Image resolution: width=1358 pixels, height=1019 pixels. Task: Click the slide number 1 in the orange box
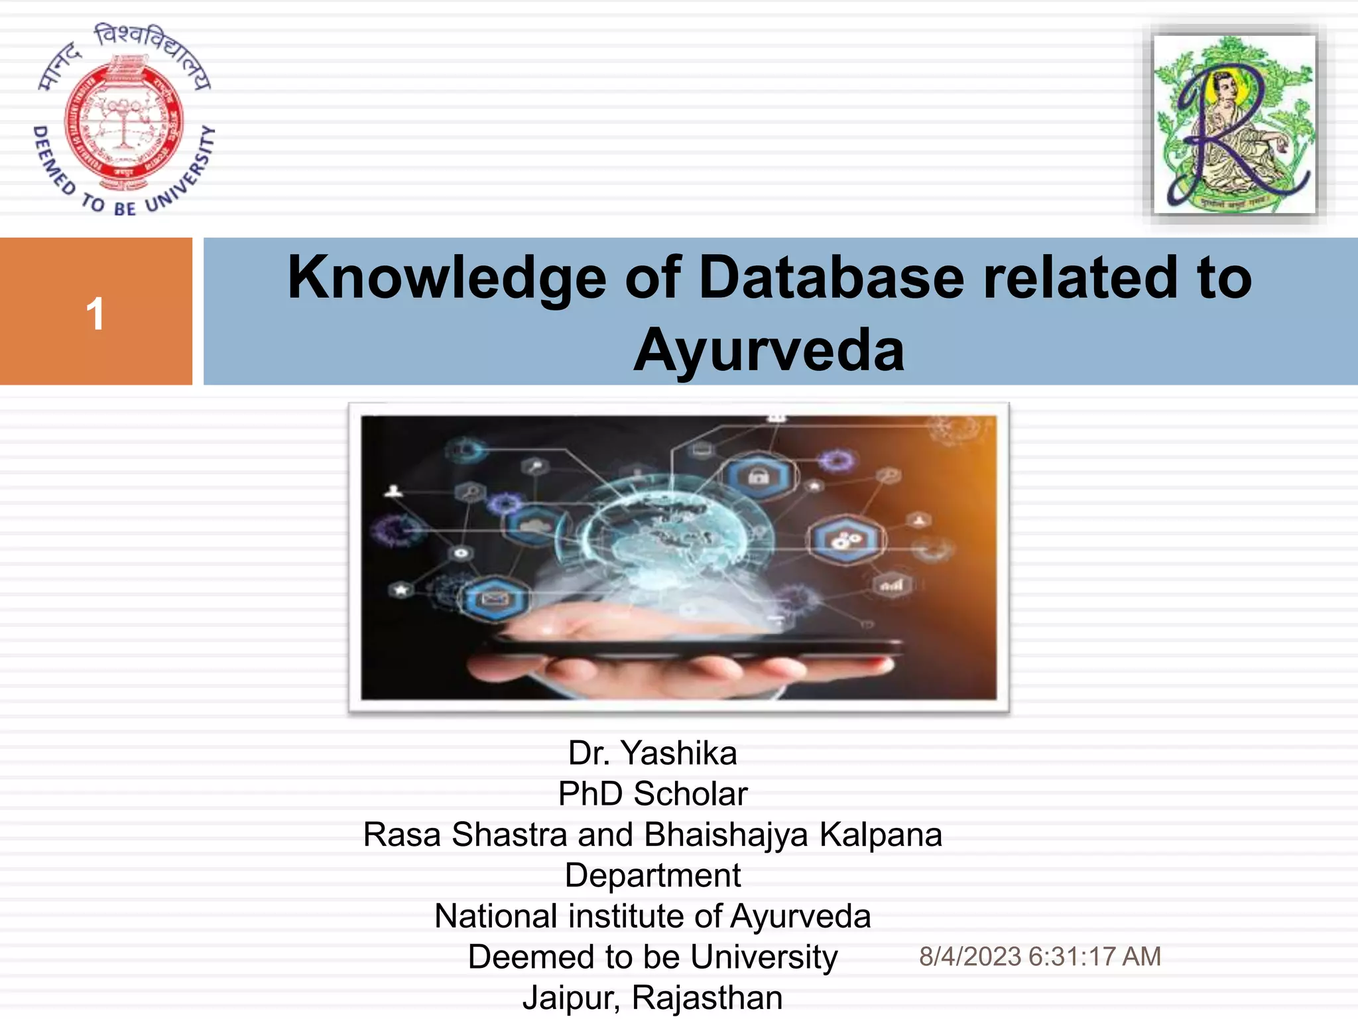(x=95, y=314)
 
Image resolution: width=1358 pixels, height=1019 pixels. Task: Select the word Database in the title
(x=831, y=277)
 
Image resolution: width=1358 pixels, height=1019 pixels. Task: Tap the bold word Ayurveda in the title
(x=769, y=350)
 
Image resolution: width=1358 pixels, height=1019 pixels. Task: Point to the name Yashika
(x=678, y=754)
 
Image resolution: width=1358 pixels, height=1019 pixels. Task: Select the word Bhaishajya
(x=726, y=835)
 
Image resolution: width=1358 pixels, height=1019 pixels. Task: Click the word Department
(x=652, y=876)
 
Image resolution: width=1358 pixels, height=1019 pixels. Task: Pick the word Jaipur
(x=570, y=998)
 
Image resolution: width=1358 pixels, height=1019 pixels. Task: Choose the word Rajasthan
(x=707, y=998)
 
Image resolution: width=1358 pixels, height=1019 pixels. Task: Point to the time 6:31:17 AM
(x=1095, y=957)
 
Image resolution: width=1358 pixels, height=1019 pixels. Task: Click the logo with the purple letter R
(x=1234, y=124)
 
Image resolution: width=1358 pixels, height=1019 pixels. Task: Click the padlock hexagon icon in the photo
(x=759, y=476)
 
